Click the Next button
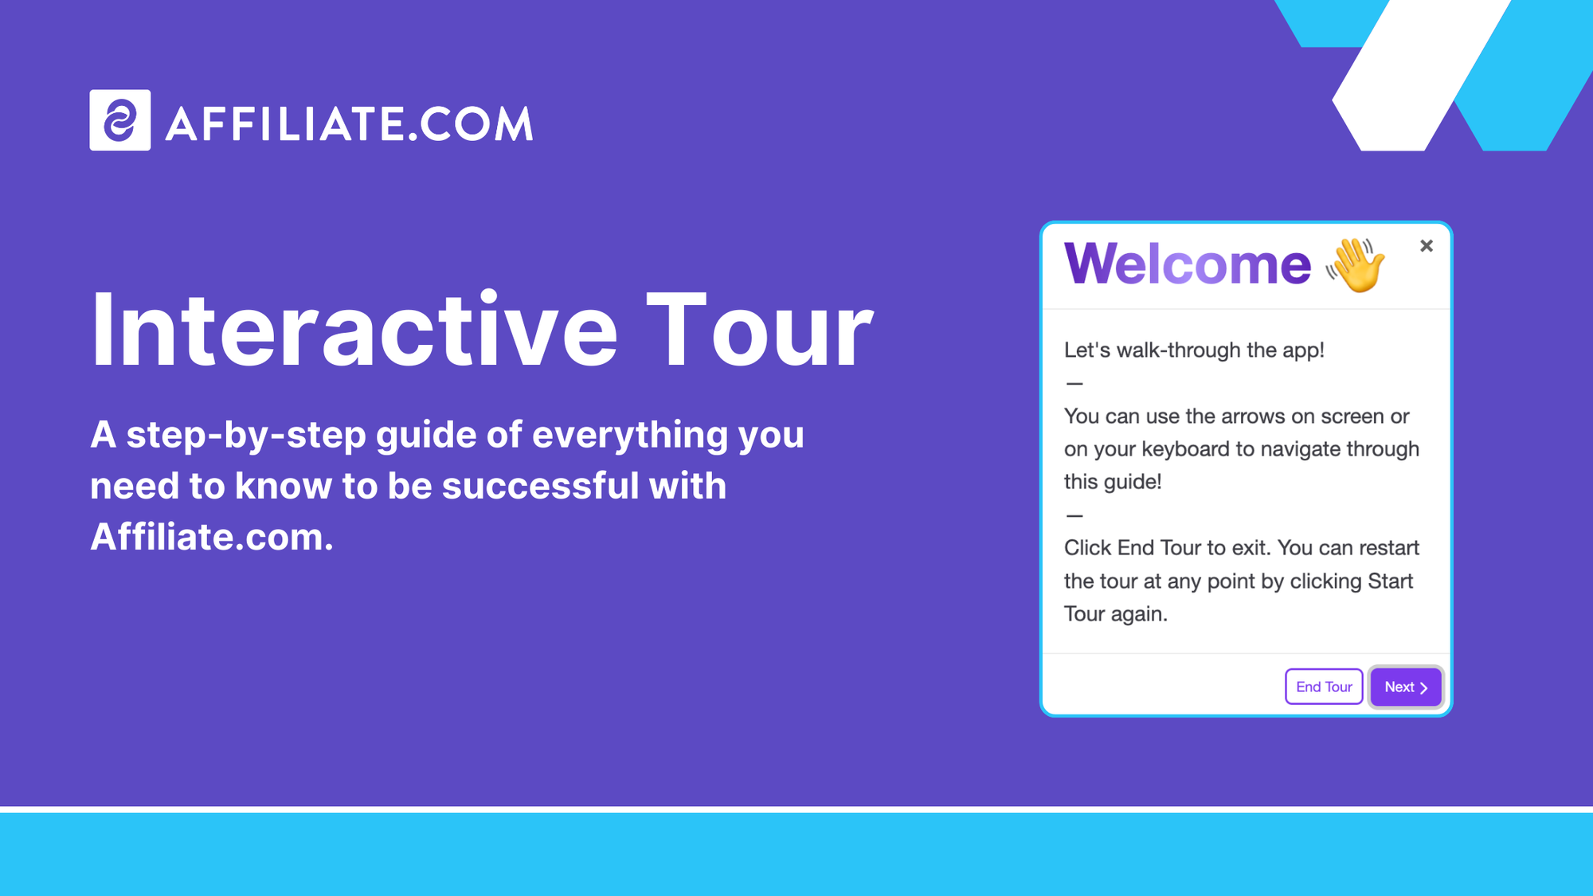[x=1405, y=687]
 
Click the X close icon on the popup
[x=1426, y=246]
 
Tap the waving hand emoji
[x=1356, y=264]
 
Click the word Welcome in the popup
[x=1187, y=264]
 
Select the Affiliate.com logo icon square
[x=120, y=120]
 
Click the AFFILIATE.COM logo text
[x=349, y=124]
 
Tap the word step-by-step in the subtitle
[x=245, y=435]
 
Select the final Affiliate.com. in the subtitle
[x=211, y=537]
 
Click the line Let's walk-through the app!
[x=1193, y=350]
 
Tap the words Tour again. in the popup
[x=1115, y=614]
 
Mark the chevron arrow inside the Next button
[x=1423, y=687]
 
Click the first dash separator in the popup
[x=1074, y=384]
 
